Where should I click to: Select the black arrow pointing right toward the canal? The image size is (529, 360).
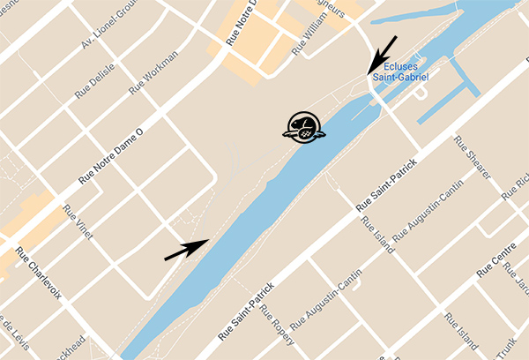pyautogui.click(x=187, y=249)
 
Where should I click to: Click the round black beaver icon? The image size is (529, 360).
pyautogui.click(x=303, y=127)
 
